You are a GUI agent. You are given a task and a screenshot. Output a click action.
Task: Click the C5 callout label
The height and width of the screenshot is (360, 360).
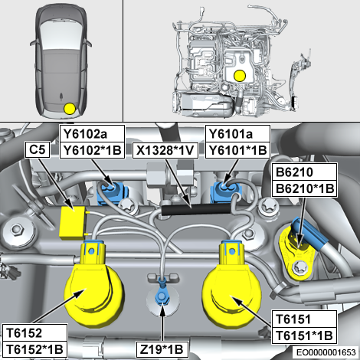point(38,150)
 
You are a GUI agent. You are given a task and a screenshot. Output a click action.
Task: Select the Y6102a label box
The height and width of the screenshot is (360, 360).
point(92,133)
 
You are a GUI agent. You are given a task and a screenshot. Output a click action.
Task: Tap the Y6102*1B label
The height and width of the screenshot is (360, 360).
point(92,150)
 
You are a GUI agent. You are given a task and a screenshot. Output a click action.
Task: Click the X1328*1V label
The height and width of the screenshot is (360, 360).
point(165,150)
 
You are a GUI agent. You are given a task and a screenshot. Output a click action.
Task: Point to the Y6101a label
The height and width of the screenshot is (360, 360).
point(237,133)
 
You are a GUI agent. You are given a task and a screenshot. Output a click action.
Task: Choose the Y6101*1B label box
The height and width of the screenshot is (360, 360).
point(237,150)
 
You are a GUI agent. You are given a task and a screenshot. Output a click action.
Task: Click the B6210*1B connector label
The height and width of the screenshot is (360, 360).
point(304,188)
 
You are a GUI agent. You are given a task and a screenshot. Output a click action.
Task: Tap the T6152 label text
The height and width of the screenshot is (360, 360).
point(24,333)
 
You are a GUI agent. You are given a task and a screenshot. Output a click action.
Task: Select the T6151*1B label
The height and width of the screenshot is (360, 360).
point(304,335)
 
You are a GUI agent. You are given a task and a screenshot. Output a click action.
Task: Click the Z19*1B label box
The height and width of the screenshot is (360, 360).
point(162,349)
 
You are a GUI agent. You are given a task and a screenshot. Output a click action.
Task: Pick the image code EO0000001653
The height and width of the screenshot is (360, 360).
point(326,352)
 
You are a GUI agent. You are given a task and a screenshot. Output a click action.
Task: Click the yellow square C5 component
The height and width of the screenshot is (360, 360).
point(72,223)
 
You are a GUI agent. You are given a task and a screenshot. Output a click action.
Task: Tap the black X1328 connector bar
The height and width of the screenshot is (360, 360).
point(196,209)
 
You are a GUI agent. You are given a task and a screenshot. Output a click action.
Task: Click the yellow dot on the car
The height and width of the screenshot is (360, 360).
point(70,109)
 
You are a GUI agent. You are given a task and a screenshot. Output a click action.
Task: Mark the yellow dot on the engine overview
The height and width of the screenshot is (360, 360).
point(240,76)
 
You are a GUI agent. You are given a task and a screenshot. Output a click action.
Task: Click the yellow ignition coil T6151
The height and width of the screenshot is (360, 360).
point(231,283)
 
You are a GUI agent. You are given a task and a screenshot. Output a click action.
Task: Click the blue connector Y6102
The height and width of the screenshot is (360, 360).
point(111,192)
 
